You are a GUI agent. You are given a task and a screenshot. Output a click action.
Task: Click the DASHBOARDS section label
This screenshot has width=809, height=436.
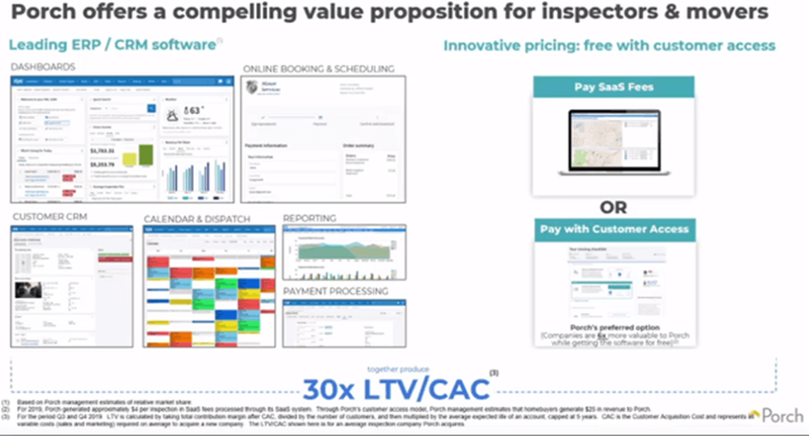tap(44, 66)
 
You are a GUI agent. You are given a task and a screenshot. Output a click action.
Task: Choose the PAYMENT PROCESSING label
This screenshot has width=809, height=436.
tap(335, 290)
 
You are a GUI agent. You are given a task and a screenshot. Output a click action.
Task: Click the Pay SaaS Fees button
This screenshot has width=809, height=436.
tap(615, 87)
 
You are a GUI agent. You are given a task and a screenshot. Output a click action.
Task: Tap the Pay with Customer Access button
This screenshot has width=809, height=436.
tap(615, 229)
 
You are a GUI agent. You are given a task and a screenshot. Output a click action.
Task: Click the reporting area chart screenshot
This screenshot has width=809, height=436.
tap(344, 251)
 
